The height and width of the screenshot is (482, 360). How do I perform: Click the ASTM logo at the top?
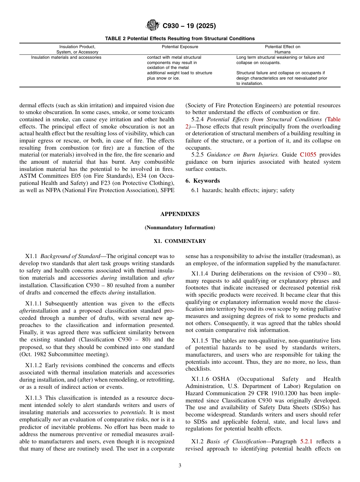pos(153,26)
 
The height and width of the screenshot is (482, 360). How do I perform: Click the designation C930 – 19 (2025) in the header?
pos(189,26)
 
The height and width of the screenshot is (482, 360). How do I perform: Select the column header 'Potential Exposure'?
pos(180,47)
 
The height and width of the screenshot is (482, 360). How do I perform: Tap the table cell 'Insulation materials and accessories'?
pos(66,58)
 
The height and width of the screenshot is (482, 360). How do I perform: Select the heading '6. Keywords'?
pos(202,181)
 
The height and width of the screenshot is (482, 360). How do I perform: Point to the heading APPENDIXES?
pos(180,214)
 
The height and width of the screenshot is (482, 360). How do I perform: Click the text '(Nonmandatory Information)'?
pos(180,228)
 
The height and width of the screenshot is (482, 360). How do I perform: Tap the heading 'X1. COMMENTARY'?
pos(180,241)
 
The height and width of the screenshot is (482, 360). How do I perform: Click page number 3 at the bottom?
pos(180,466)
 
